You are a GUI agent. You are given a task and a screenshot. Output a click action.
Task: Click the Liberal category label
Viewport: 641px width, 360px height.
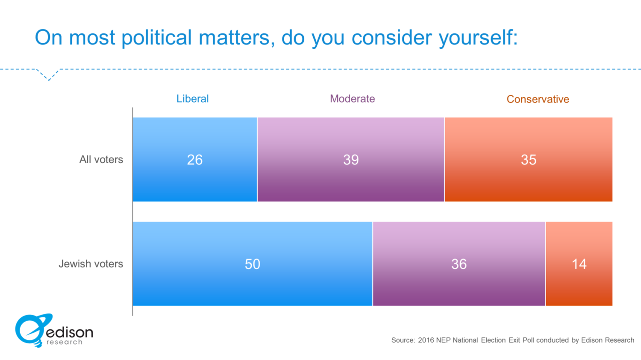click(x=192, y=99)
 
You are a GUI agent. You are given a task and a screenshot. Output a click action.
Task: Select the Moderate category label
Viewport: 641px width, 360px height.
click(x=352, y=99)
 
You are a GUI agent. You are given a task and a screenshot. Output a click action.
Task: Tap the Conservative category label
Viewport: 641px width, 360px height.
click(x=538, y=99)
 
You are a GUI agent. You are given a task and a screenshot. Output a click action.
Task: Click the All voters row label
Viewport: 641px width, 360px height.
click(x=101, y=159)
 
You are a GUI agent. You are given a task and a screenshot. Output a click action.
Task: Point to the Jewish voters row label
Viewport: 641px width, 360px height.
click(x=91, y=264)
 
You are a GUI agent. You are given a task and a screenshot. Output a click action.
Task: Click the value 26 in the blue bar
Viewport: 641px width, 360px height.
click(x=195, y=160)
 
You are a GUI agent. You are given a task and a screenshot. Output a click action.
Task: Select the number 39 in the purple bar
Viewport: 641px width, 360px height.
click(x=351, y=160)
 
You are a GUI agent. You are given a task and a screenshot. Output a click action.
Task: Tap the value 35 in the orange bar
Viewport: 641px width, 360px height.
click(x=529, y=160)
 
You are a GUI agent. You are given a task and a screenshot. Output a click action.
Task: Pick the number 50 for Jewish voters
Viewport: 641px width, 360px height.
click(x=252, y=264)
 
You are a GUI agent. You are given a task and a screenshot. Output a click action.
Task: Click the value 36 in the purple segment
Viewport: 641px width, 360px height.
click(x=459, y=264)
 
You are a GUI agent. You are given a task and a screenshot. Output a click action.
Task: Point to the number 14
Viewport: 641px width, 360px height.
click(x=579, y=264)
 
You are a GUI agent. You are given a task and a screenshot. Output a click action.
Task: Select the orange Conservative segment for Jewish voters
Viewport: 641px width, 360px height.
click(x=579, y=286)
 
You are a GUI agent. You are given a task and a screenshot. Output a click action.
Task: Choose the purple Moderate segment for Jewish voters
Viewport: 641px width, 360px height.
click(x=459, y=286)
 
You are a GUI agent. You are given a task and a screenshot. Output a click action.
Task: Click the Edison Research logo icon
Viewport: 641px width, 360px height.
click(x=32, y=330)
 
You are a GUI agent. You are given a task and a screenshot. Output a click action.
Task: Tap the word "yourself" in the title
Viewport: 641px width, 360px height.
click(x=478, y=38)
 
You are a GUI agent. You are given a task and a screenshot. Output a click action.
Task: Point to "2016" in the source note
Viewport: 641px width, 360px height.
click(x=426, y=340)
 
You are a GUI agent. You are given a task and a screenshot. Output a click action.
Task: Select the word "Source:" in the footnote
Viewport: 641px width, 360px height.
click(x=403, y=340)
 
